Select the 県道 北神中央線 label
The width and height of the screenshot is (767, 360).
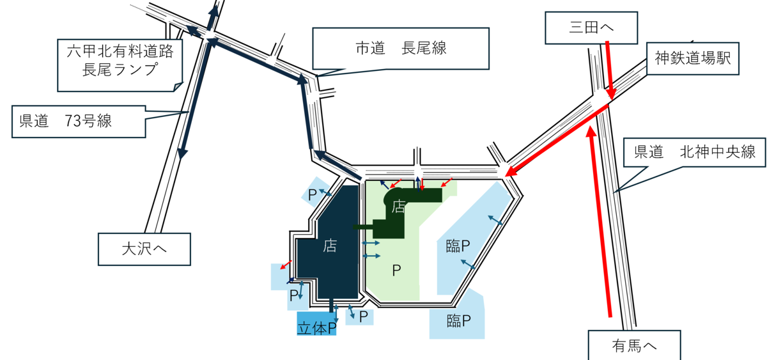click(x=695, y=152)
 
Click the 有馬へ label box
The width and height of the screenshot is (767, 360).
click(x=634, y=346)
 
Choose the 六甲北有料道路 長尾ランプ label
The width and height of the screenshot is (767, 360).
click(x=120, y=61)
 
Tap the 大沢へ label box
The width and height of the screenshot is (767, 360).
click(x=144, y=249)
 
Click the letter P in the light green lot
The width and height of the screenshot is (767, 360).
click(x=396, y=271)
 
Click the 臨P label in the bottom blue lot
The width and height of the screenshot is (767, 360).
click(x=459, y=320)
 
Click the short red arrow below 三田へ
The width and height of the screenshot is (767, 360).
click(x=608, y=70)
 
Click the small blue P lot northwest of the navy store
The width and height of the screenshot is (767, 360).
click(x=314, y=194)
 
